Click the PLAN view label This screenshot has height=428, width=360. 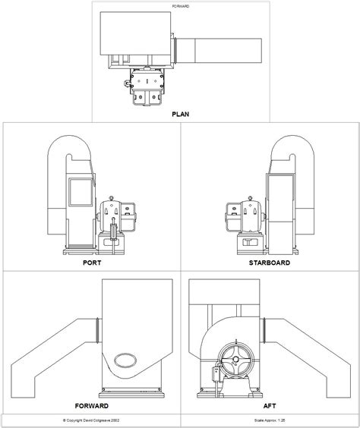click(181, 115)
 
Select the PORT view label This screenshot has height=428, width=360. click(92, 265)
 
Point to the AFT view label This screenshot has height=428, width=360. click(270, 405)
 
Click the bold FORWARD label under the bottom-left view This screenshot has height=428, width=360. click(92, 405)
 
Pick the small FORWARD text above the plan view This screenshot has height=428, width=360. click(181, 6)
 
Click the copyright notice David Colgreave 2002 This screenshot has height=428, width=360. click(90, 419)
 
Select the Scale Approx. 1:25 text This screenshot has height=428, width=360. click(270, 419)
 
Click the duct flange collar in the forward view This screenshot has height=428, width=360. click(96, 329)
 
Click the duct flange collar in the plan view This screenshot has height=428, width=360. click(175, 50)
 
